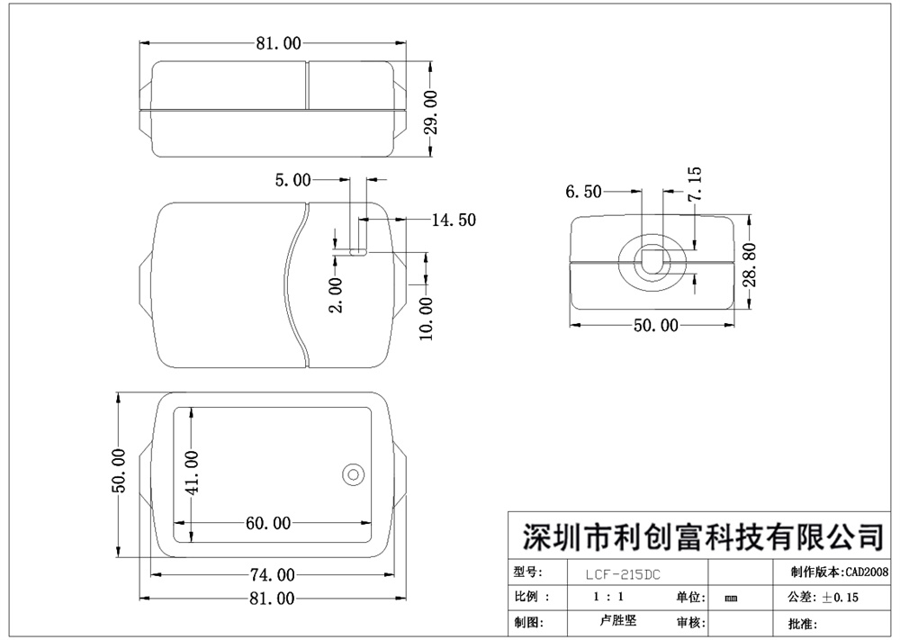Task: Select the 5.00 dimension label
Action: pyautogui.click(x=292, y=180)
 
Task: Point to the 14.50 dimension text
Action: pyautogui.click(x=454, y=220)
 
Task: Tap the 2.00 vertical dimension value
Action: pyautogui.click(x=335, y=294)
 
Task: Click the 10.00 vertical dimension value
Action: pyautogui.click(x=427, y=319)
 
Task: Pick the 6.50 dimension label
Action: pyautogui.click(x=583, y=191)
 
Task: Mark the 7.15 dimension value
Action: pyautogui.click(x=693, y=185)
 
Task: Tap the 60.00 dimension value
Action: pyautogui.click(x=268, y=522)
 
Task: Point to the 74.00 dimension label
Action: pyautogui.click(x=272, y=574)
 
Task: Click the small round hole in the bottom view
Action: pyautogui.click(x=353, y=474)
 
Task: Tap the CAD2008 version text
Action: pyautogui.click(x=867, y=572)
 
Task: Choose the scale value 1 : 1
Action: pyautogui.click(x=610, y=597)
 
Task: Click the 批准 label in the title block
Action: pyautogui.click(x=802, y=623)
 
